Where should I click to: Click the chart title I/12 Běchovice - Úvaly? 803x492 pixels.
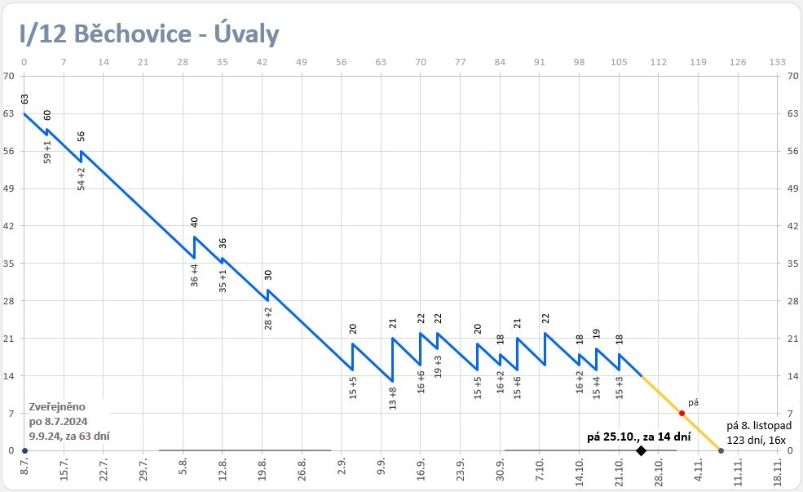(x=150, y=33)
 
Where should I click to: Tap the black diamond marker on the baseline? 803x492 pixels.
(x=641, y=450)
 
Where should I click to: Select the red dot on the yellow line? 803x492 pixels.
(x=682, y=413)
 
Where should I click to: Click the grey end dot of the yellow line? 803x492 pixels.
(x=721, y=450)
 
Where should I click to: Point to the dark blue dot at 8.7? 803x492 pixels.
(x=24, y=450)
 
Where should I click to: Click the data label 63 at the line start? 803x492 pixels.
(x=24, y=99)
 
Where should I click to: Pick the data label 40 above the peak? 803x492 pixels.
(x=195, y=222)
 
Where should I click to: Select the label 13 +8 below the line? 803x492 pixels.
(x=393, y=397)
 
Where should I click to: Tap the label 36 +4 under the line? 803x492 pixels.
(x=195, y=274)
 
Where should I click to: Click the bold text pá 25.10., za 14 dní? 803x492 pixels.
(x=639, y=437)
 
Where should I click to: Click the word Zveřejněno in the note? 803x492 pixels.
(x=56, y=406)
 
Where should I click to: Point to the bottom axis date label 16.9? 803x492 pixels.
(x=421, y=472)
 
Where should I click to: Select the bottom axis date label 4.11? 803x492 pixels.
(x=699, y=472)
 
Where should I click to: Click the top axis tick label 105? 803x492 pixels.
(x=619, y=62)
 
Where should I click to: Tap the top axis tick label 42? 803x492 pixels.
(x=263, y=62)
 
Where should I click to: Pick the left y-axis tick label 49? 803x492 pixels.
(x=9, y=188)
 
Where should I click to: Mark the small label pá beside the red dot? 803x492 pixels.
(x=694, y=402)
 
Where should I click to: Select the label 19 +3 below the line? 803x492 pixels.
(x=438, y=366)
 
